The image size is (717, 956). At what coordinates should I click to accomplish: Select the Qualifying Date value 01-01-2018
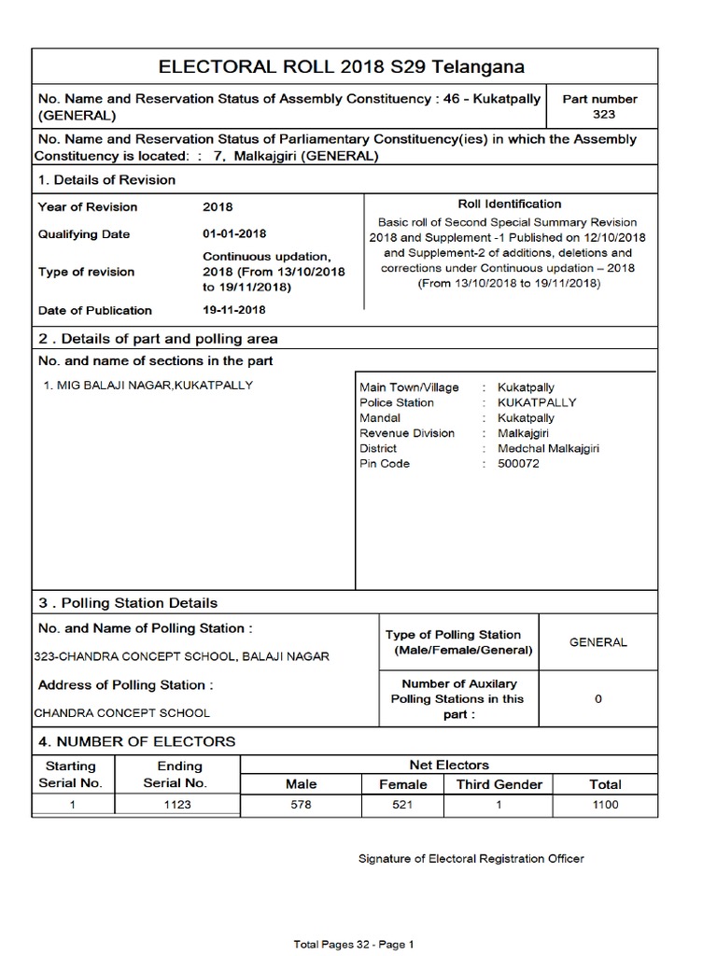coord(233,234)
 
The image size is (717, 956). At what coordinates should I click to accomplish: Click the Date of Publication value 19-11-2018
coord(233,310)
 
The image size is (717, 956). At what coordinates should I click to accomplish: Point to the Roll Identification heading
coord(509,204)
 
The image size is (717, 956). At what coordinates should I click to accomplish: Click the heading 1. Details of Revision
coord(106,179)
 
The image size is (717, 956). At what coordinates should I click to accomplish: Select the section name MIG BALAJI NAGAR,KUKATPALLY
coord(148,386)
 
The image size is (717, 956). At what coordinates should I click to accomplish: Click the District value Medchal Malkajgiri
coord(548,448)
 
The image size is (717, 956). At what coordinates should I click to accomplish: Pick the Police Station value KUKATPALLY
coord(537,402)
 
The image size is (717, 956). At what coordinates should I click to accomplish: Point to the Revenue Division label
coord(407,433)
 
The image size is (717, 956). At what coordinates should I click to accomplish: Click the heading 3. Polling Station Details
coord(127,603)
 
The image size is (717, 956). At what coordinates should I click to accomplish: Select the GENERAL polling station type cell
coord(598,642)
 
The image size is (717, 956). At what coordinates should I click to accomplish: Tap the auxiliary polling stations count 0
coord(598,699)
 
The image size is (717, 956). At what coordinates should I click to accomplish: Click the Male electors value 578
coord(301,805)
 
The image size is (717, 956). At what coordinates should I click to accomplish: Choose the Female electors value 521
coord(402,805)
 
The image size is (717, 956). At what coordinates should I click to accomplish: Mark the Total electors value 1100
coord(605,805)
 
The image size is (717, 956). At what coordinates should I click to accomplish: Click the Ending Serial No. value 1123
coord(178,805)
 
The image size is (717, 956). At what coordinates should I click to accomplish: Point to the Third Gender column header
coord(499,784)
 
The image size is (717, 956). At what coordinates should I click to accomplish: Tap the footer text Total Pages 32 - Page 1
coord(354,945)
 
